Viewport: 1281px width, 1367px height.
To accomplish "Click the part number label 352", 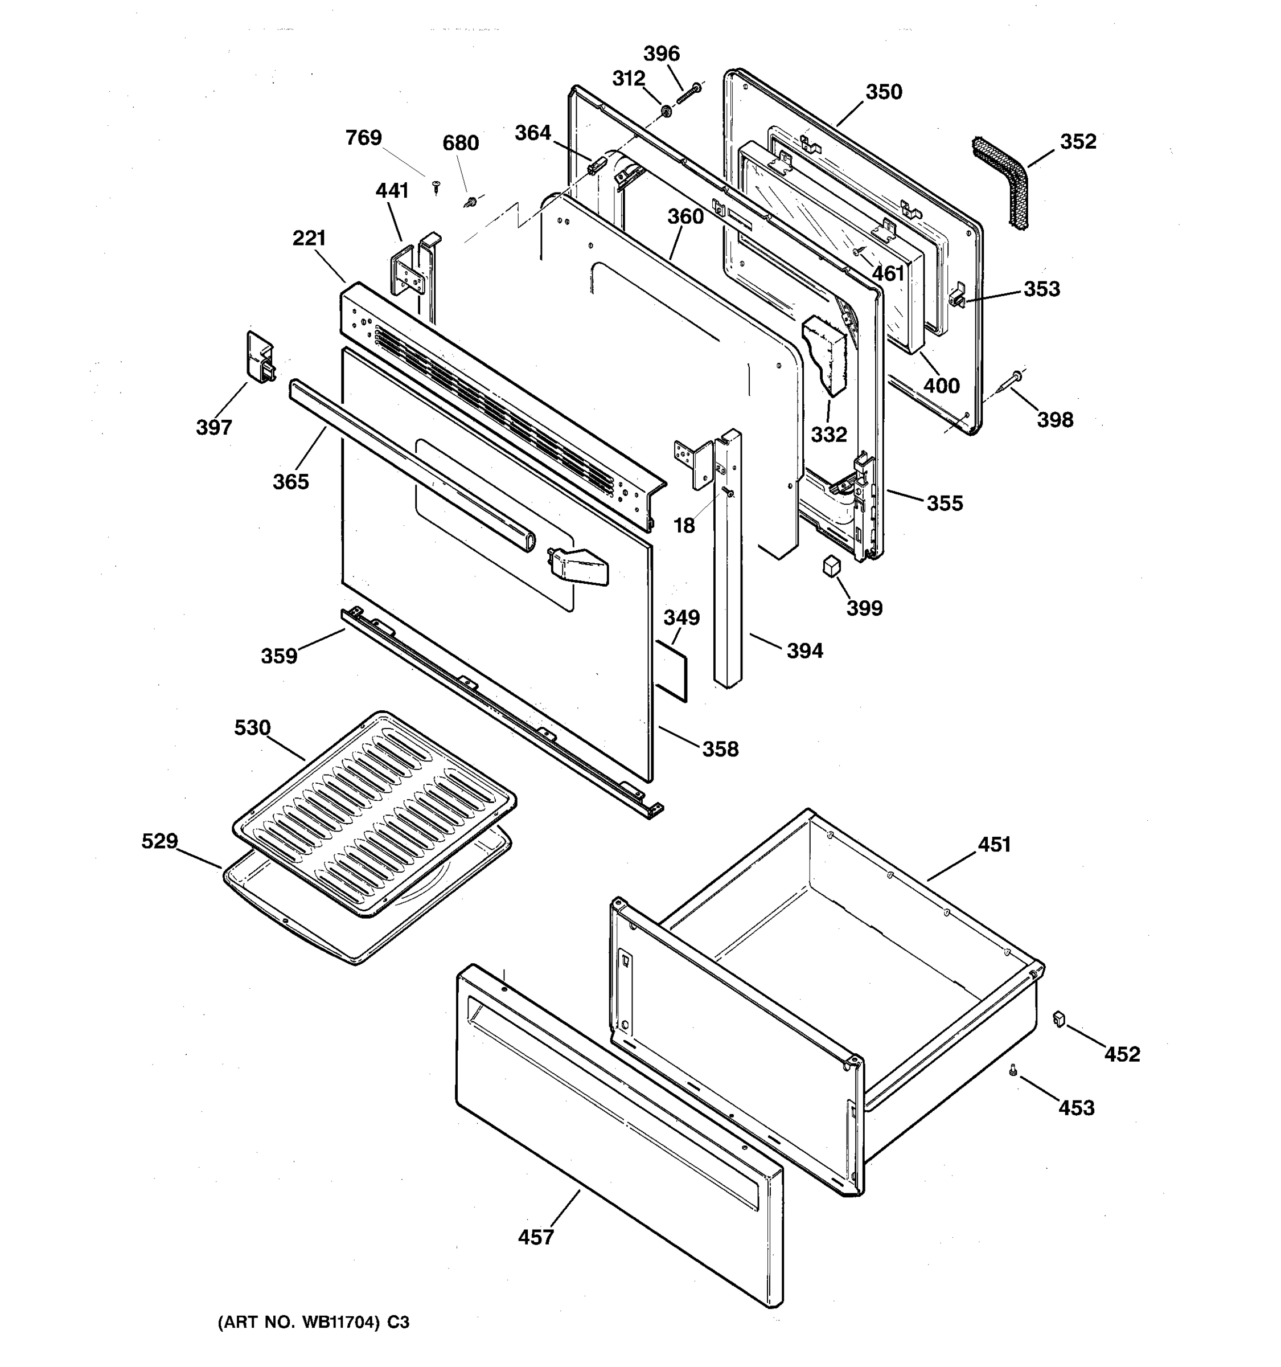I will coord(1078,142).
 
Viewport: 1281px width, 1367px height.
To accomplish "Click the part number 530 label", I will coord(252,727).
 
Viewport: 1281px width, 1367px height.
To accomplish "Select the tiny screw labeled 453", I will coord(1013,1070).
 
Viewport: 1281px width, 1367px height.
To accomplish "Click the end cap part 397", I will coord(259,357).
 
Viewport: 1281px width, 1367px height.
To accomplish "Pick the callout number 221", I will coord(309,239).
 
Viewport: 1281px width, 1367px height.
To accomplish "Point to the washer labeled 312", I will coord(666,110).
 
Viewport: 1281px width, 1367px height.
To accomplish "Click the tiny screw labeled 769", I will coord(436,186).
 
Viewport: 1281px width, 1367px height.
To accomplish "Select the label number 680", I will coord(460,143).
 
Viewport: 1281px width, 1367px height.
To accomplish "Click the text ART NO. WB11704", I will coord(299,1323).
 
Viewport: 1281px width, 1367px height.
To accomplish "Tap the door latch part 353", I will coord(957,300).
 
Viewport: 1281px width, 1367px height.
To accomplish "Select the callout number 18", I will coord(684,526).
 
